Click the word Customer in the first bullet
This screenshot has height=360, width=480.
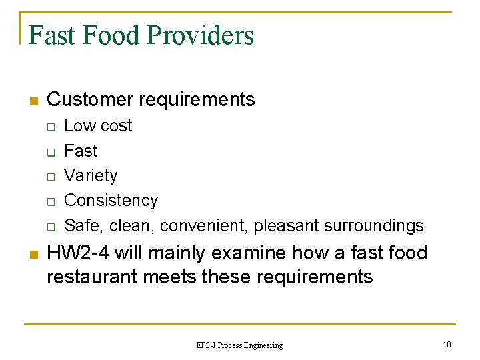tap(90, 100)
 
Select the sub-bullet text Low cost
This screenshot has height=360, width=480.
tap(98, 126)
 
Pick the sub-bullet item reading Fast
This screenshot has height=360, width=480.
tap(80, 151)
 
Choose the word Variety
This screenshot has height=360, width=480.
tap(91, 176)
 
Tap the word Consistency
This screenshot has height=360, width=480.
tap(111, 201)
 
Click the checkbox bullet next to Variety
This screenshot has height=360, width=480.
tap(50, 177)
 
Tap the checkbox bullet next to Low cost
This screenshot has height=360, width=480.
tap(50, 127)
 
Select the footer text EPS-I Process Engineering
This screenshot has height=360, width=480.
tap(239, 345)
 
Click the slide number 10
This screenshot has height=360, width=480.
tap(446, 344)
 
